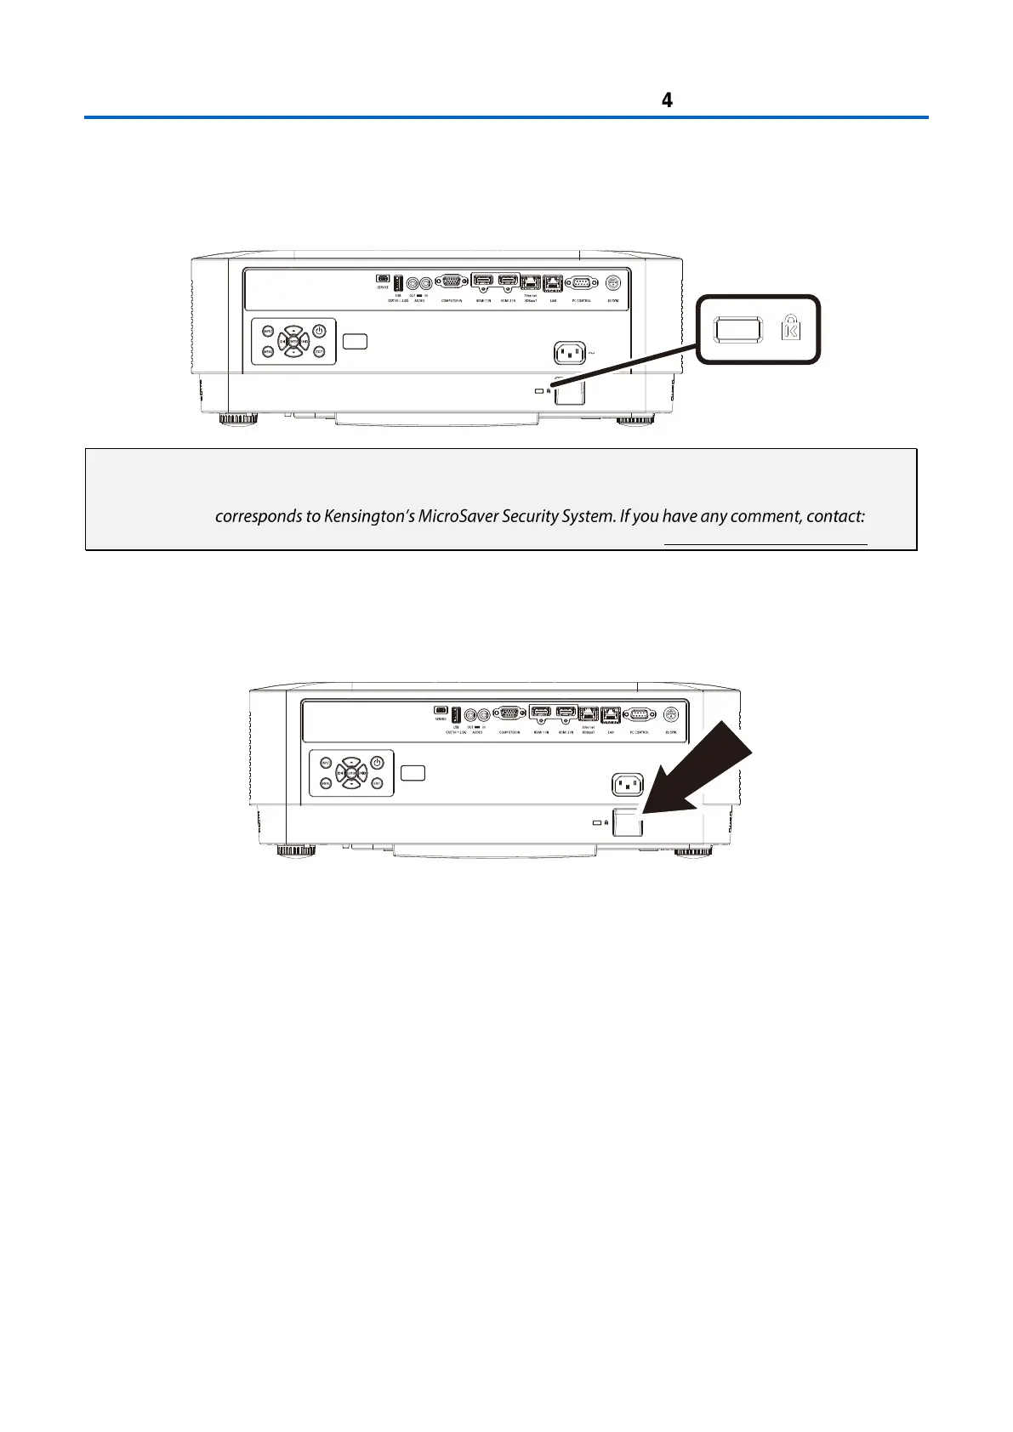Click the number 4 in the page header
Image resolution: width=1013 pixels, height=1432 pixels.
[667, 100]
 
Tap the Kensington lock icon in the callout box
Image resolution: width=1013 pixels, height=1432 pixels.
[790, 328]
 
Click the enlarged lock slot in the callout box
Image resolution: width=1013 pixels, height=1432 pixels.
[737, 329]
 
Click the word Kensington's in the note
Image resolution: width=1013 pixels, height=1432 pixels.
[369, 516]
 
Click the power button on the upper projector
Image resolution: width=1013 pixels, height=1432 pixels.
[319, 331]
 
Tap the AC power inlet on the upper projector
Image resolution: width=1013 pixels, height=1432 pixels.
[571, 352]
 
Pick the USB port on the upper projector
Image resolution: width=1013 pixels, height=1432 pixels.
[397, 282]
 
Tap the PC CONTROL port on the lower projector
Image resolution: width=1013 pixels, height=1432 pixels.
[640, 714]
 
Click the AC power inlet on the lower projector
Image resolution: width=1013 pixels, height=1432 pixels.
[629, 784]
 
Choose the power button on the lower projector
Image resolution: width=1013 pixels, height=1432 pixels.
[378, 763]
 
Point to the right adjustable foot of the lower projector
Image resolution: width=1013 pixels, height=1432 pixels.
[695, 850]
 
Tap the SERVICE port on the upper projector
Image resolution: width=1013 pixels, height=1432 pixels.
[383, 278]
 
